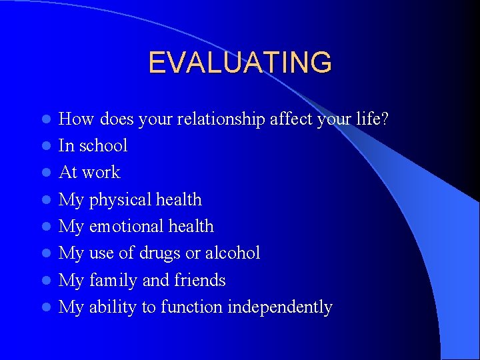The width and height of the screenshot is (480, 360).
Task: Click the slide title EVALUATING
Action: pyautogui.click(x=239, y=63)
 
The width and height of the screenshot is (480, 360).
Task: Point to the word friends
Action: pyautogui.click(x=199, y=281)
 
